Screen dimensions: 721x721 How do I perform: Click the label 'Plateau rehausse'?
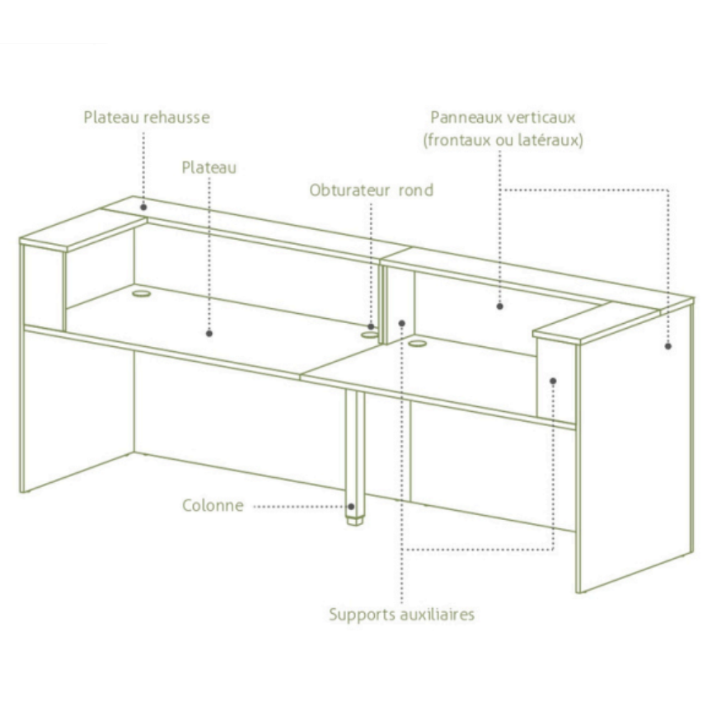(x=147, y=117)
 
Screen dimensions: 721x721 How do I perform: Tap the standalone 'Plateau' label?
(x=209, y=167)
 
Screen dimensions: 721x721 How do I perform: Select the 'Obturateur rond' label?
(x=371, y=190)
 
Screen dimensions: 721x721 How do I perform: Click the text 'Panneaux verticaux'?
(x=503, y=117)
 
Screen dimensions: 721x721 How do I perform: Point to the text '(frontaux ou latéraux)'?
(x=503, y=140)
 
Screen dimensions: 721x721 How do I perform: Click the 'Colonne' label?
(x=213, y=505)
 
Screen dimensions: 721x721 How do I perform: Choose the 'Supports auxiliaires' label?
(x=401, y=615)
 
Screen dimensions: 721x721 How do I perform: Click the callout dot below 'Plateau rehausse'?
(x=143, y=208)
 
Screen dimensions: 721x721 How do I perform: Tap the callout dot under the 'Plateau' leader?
(x=209, y=334)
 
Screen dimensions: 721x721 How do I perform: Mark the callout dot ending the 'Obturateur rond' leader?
(x=371, y=327)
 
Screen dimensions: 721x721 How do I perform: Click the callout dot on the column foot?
(x=351, y=507)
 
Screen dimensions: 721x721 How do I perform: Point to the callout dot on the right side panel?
(x=668, y=346)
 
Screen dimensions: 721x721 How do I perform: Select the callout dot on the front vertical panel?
(x=500, y=307)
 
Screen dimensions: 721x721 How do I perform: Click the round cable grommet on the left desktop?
(x=141, y=293)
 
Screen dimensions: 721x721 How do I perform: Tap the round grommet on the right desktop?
(x=417, y=343)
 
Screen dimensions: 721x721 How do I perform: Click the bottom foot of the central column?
(x=354, y=522)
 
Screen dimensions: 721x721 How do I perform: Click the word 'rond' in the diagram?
(x=415, y=190)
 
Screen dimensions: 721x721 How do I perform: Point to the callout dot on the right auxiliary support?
(x=553, y=382)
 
